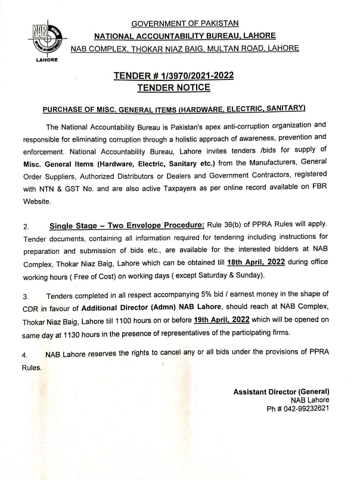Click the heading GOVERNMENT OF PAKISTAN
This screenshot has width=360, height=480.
(x=185, y=23)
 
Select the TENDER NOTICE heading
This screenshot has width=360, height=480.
(x=173, y=88)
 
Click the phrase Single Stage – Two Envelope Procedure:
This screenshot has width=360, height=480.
(x=126, y=226)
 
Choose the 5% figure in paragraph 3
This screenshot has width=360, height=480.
(x=194, y=295)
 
